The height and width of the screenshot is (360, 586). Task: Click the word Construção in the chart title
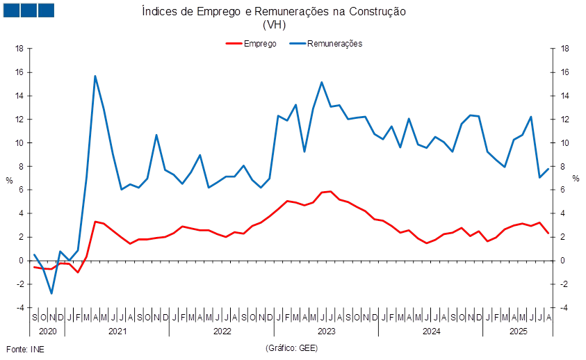378,12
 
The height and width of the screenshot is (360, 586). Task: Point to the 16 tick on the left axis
19,72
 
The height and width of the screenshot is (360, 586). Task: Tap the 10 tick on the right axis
565,142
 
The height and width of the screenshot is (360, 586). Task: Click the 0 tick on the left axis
21,260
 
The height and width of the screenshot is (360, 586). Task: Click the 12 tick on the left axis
19,119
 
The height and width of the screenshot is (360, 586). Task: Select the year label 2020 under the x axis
48,332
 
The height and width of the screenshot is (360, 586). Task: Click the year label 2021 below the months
117,332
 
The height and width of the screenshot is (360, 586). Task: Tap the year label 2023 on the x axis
326,332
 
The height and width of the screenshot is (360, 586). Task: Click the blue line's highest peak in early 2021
95,76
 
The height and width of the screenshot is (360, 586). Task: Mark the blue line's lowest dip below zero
51,293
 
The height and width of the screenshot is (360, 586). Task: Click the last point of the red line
549,233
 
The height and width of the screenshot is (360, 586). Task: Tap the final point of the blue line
549,167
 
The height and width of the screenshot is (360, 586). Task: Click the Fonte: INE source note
25,347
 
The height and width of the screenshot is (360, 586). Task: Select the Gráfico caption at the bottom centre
291,347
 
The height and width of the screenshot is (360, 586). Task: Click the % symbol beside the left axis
8,179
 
